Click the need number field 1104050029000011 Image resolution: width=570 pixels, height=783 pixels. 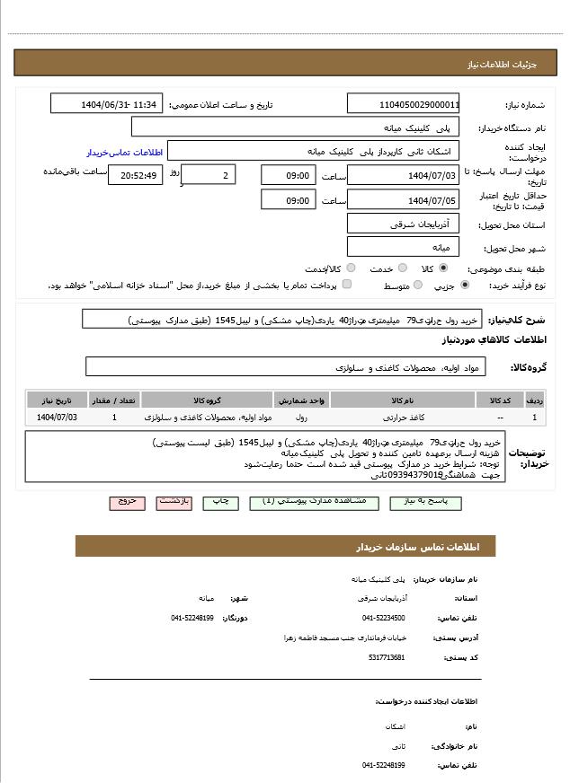click(403, 104)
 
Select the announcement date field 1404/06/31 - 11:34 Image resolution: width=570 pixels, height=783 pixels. click(106, 104)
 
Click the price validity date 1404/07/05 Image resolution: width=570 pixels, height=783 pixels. click(403, 200)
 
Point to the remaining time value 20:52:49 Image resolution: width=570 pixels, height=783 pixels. click(135, 175)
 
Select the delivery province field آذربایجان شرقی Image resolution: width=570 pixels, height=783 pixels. click(403, 224)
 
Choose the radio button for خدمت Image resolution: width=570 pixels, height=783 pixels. click(403, 268)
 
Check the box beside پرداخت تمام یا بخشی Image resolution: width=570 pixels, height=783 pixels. click(346, 285)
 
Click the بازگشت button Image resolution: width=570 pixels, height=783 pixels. click(174, 502)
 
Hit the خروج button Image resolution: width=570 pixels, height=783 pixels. click(127, 502)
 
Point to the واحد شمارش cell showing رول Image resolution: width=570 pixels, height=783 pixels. click(301, 418)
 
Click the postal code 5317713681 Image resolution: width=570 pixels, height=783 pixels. click(387, 657)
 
